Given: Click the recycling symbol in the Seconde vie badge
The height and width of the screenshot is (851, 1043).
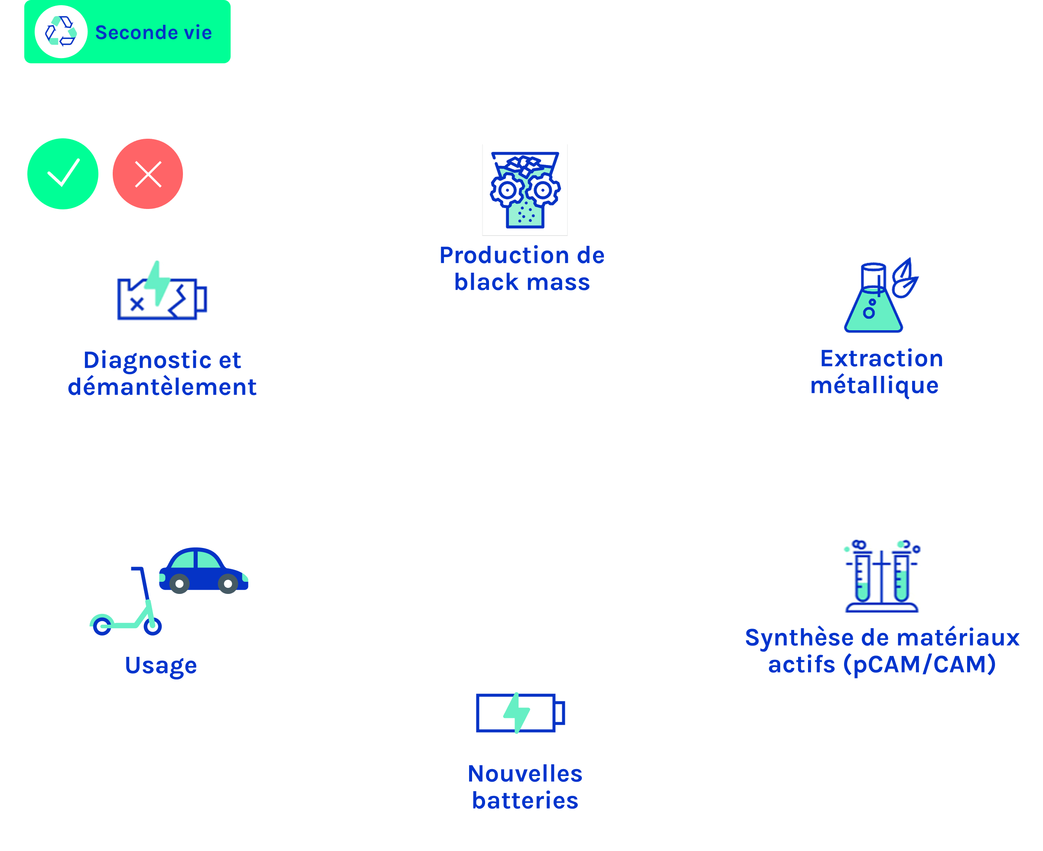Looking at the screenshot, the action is pyautogui.click(x=61, y=31).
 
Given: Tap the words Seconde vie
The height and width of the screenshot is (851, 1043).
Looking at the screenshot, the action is pyautogui.click(x=153, y=33).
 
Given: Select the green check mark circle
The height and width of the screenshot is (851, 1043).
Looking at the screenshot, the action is pyautogui.click(x=63, y=174).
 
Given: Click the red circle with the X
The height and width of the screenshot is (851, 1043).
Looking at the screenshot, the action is pyautogui.click(x=147, y=174).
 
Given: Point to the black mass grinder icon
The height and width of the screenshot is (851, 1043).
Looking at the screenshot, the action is pyautogui.click(x=525, y=190).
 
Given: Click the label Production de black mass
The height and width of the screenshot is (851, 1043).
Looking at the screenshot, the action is pyautogui.click(x=522, y=269).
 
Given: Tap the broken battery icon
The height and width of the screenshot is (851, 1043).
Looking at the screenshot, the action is pyautogui.click(x=162, y=291).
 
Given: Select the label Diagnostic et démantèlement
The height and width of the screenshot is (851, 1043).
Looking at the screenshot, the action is pyautogui.click(x=162, y=373).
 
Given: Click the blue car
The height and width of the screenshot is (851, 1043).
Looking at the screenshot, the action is pyautogui.click(x=203, y=571).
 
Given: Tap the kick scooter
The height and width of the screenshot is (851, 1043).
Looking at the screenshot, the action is pyautogui.click(x=126, y=601).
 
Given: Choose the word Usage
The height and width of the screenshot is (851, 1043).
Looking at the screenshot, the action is pyautogui.click(x=161, y=665).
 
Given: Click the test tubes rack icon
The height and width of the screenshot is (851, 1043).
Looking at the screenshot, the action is pyautogui.click(x=882, y=576).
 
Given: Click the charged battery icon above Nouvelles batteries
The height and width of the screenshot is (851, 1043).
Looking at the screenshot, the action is pyautogui.click(x=521, y=713).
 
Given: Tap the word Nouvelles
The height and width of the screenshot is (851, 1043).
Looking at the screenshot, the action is pyautogui.click(x=525, y=773).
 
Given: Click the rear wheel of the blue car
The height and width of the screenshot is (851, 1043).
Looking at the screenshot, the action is pyautogui.click(x=179, y=584).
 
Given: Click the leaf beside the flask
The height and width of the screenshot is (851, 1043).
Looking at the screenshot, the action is pyautogui.click(x=905, y=278).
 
